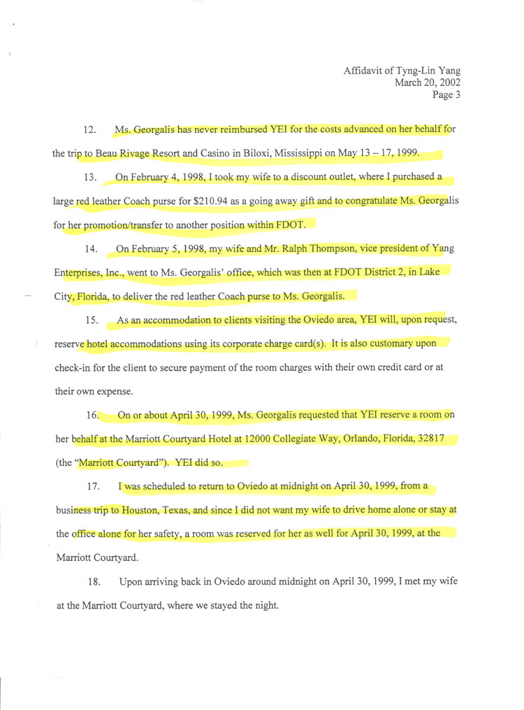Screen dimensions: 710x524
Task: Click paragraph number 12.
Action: click(x=89, y=130)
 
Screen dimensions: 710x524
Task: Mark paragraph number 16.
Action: click(x=92, y=415)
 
